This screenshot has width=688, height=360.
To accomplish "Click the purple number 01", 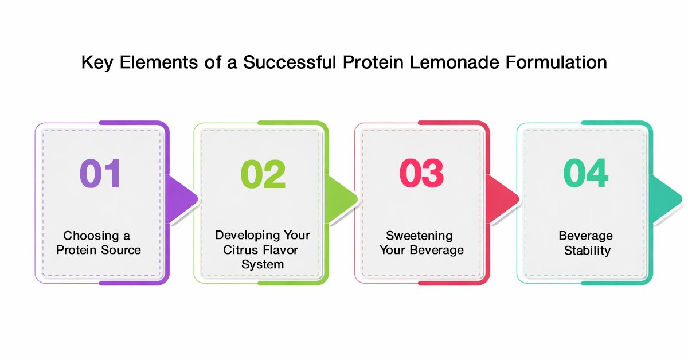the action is pos(100,173).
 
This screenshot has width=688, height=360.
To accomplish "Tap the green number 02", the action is pos(263,174).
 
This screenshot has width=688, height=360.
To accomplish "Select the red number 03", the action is pos(422,173).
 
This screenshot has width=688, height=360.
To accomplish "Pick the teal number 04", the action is pos(586,173).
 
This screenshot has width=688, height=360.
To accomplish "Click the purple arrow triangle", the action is pos(181,199).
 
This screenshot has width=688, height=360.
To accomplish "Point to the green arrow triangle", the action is pos(341,199).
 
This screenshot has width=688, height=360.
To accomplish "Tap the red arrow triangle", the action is pos(502,199).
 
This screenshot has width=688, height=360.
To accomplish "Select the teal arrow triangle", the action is pos(664,199).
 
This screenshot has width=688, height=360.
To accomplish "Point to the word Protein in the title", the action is pos(373,62).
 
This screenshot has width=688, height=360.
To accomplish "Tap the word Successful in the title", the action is pos(290,62).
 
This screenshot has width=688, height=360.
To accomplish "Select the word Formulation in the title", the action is pos(556,62).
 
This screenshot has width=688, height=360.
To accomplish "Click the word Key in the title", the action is pos(97,63).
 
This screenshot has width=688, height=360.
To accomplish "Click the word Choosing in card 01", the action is pos(91,236).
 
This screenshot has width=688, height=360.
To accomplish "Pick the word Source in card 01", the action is pos(121,250).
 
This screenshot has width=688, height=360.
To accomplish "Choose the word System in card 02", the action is pos(263,264).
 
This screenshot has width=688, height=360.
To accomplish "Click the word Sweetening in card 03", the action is pos(419,236).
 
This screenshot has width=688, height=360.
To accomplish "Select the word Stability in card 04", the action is pos(587,251).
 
